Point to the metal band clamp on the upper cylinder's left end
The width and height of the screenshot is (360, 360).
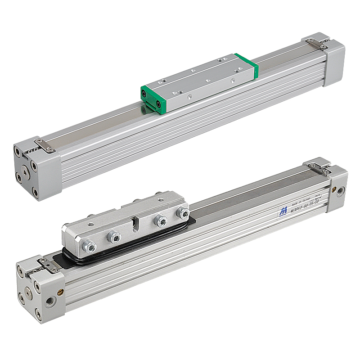[x=45, y=145]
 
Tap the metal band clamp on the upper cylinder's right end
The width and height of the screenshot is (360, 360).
[x=317, y=44]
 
